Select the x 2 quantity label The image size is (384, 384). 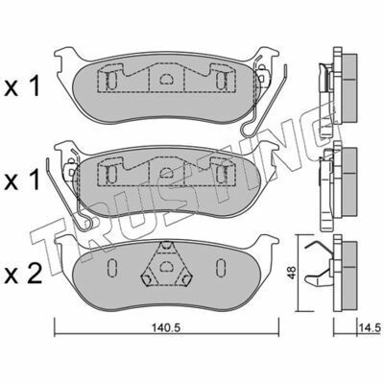pyautogui.click(x=23, y=275)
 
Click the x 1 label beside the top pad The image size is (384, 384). pyautogui.click(x=22, y=86)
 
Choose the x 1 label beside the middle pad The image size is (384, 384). pyautogui.click(x=22, y=180)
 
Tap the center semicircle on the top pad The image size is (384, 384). pyautogui.click(x=166, y=79)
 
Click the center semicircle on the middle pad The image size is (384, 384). pyautogui.click(x=166, y=173)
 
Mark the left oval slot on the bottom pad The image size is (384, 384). pyautogui.click(x=111, y=266)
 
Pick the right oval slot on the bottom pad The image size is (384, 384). pyautogui.click(x=221, y=266)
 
